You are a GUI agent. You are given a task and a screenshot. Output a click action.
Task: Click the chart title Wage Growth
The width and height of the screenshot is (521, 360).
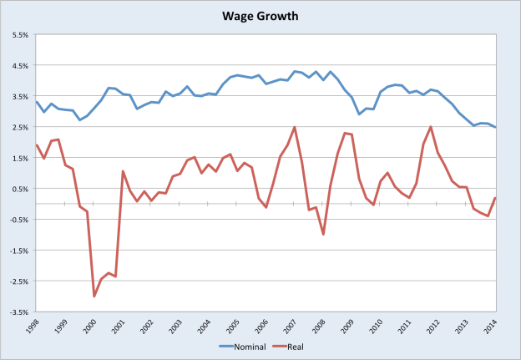[260, 15]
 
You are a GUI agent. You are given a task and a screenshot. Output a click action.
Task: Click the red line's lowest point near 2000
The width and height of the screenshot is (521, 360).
[94, 296]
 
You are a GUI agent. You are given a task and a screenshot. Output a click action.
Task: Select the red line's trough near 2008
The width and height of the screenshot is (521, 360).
[323, 234]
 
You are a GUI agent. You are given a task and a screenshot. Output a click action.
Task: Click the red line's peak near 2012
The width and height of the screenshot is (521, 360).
[431, 127]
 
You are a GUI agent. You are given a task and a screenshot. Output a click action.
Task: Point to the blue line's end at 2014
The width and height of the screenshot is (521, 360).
[495, 128]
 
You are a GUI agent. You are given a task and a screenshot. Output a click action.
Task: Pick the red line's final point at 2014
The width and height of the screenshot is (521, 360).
[495, 198]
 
